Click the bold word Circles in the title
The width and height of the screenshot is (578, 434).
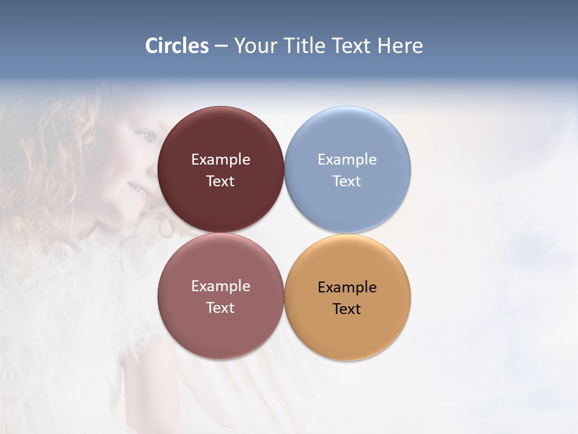[x=177, y=46]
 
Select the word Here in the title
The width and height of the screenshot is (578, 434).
[x=400, y=46]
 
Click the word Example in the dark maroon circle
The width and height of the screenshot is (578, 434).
[x=220, y=159]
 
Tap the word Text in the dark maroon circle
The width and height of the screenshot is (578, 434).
[x=220, y=181]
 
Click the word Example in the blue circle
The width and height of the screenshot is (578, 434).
[x=347, y=159]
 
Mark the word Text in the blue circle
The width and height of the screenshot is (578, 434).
[x=347, y=181]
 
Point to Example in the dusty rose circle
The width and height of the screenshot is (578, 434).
[x=220, y=286]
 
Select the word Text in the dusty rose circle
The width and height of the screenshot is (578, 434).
[x=220, y=307]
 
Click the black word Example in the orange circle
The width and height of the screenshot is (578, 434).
[x=347, y=287]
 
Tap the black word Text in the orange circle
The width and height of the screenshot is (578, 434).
[x=347, y=309]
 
